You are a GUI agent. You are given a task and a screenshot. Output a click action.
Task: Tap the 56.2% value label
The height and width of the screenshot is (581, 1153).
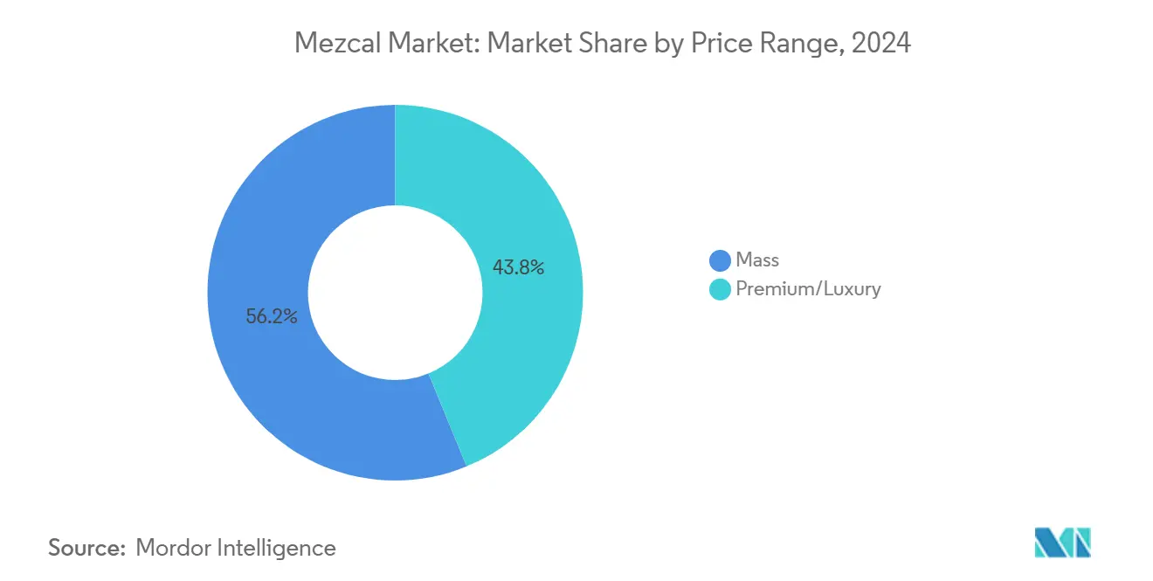272,317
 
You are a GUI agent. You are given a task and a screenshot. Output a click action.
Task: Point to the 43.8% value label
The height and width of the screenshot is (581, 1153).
518,268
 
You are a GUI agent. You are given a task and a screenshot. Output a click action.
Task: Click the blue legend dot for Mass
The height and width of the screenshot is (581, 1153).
720,260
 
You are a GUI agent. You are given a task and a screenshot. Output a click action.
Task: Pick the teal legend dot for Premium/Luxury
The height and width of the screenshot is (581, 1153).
720,289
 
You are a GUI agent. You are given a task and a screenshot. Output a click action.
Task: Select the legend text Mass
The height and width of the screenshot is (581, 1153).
757,259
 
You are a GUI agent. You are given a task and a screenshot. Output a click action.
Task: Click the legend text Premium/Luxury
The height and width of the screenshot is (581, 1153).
808,289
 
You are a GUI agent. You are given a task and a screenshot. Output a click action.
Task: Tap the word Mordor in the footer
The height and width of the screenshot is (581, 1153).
176,548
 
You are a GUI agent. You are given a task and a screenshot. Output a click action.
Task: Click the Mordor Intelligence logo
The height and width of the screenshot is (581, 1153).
1062,542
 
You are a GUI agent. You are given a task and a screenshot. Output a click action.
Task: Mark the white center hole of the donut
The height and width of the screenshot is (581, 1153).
395,293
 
